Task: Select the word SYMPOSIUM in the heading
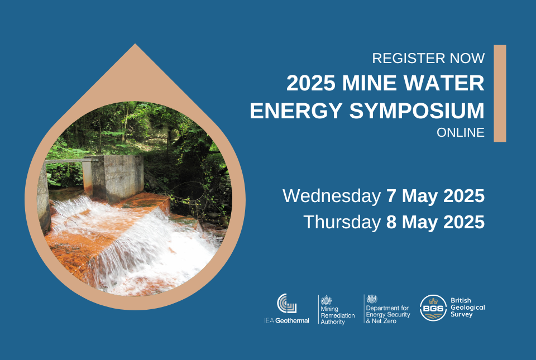point(417,111)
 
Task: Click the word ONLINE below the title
point(461,132)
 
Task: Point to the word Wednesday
point(332,196)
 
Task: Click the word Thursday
point(342,222)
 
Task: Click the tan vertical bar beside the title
point(500,93)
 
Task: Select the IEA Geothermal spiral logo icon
point(286,303)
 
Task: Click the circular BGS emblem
point(433,308)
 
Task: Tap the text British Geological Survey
point(468,308)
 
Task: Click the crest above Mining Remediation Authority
point(326,300)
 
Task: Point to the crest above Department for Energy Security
point(372,299)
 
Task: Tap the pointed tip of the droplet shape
point(135,44)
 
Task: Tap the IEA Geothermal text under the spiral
point(286,321)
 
